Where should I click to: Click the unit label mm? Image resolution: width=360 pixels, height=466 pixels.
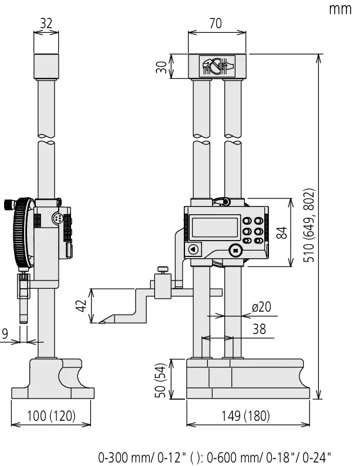340,9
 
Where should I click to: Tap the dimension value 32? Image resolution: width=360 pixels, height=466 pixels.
46,23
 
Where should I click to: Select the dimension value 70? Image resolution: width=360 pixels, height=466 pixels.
216,23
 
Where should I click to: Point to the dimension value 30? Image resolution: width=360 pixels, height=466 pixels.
162,67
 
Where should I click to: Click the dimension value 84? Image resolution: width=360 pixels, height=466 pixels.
282,232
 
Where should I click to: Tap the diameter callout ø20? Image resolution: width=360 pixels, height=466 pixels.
261,307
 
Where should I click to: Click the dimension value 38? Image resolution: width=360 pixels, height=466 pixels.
259,329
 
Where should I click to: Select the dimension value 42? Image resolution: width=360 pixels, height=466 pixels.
81,306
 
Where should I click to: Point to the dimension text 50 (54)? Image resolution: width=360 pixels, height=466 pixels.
160,380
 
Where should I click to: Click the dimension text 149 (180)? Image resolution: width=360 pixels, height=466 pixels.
245,416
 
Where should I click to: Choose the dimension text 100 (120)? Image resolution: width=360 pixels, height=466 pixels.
51,416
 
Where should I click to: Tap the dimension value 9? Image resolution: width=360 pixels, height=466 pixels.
5,334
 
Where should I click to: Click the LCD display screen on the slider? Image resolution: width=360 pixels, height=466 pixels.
215,227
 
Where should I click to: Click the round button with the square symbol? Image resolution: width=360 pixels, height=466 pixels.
235,251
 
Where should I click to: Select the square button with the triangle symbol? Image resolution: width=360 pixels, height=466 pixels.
194,249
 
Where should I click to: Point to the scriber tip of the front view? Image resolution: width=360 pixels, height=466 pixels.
100,322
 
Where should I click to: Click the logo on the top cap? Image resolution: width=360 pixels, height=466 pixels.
217,66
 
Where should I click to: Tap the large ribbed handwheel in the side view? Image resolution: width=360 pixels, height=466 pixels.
23,233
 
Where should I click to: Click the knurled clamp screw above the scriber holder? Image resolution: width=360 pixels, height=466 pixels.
163,269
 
